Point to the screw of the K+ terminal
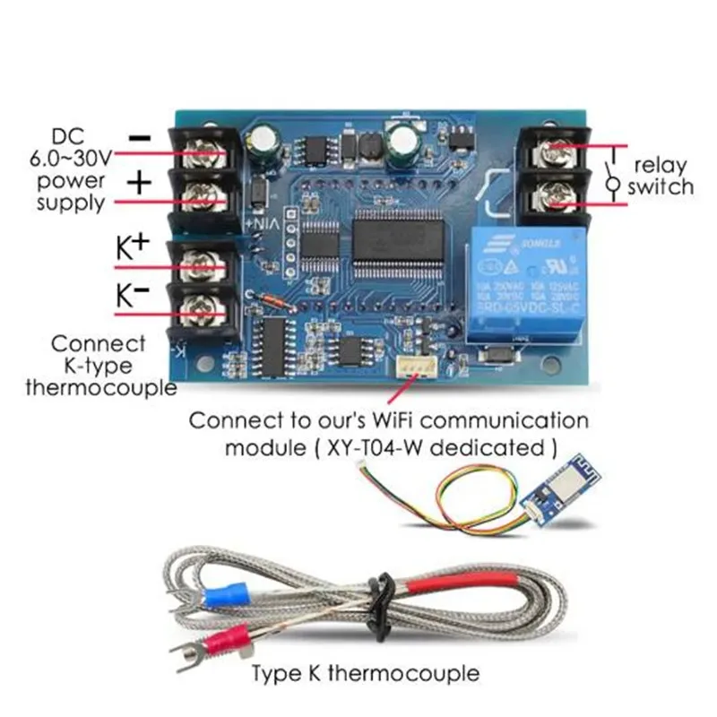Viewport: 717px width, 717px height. click(199, 266)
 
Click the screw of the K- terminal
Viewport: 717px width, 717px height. click(199, 311)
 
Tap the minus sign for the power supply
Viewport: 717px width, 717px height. click(140, 137)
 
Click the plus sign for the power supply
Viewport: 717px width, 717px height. click(139, 184)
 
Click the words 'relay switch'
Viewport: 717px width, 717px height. click(661, 176)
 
